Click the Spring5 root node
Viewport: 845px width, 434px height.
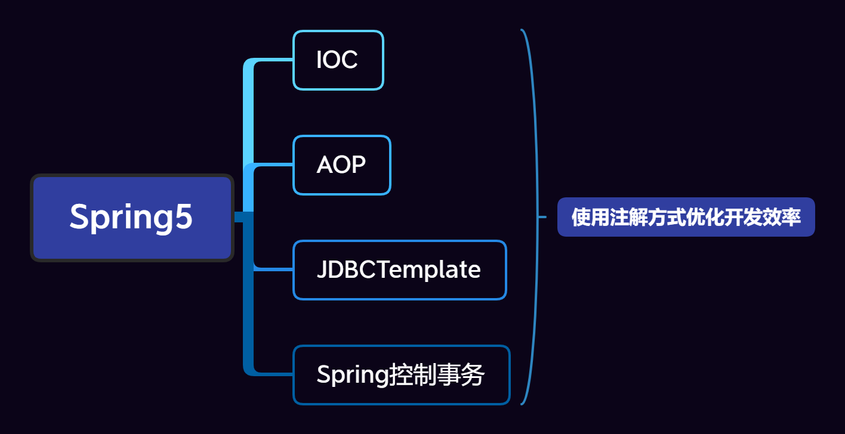[132, 218]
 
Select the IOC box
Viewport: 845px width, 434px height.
[338, 60]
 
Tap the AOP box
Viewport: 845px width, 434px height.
[341, 165]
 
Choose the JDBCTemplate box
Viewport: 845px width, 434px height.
[399, 270]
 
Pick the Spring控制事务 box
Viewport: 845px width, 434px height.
[401, 375]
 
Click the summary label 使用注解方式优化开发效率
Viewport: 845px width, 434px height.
[686, 217]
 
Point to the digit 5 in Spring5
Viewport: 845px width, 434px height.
[184, 216]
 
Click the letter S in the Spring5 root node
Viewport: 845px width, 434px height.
[80, 216]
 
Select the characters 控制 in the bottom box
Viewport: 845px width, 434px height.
[412, 375]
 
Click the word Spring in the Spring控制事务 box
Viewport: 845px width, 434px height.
[353, 376]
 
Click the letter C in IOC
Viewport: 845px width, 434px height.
[349, 60]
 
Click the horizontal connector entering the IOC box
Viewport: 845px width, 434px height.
[275, 60]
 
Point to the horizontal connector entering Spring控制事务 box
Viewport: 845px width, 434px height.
[275, 374]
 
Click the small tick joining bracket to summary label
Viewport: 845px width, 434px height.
[542, 217]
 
